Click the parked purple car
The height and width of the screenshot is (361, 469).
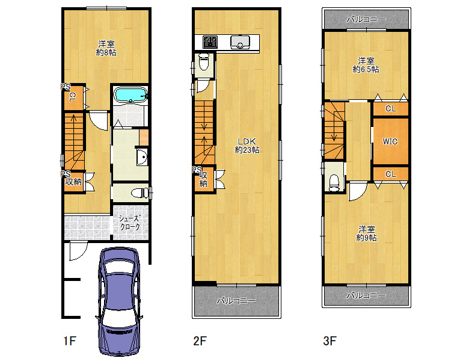click(x=119, y=301)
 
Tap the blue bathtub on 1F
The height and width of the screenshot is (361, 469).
click(x=130, y=95)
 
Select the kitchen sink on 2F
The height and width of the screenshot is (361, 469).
click(x=240, y=42)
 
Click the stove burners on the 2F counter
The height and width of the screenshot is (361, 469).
click(x=210, y=42)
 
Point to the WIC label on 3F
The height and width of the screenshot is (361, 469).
click(x=390, y=141)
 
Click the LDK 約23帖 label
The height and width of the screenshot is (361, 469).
click(x=247, y=146)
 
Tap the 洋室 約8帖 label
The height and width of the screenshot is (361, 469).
click(x=106, y=49)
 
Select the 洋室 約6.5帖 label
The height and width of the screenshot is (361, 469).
click(x=366, y=65)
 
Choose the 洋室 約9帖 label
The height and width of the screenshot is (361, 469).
click(x=366, y=234)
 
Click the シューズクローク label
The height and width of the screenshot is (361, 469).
click(x=130, y=223)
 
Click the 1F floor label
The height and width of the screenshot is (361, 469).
click(x=70, y=341)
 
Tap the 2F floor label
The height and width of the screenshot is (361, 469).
click(x=200, y=341)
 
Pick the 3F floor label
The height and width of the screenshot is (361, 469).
click(x=330, y=341)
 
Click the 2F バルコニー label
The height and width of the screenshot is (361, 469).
click(x=236, y=301)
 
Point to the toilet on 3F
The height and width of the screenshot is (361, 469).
click(x=334, y=182)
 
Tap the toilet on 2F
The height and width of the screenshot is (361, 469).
click(x=204, y=61)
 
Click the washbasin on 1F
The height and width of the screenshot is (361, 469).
click(x=142, y=157)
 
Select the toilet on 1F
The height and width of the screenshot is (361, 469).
click(x=139, y=193)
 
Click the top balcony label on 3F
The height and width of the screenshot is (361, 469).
click(x=366, y=19)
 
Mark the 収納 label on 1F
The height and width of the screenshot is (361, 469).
click(x=73, y=181)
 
